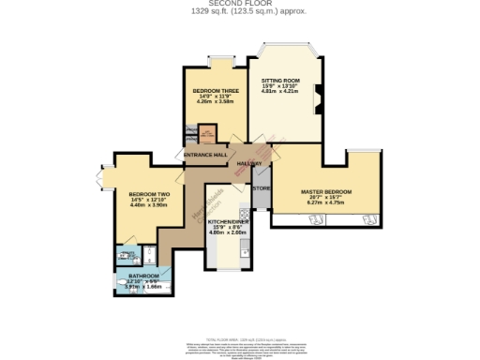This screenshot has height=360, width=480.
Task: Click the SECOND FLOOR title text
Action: click(x=239, y=5)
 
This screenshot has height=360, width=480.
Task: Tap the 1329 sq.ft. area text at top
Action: click(x=239, y=12)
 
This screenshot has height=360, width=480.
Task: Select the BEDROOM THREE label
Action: click(x=216, y=91)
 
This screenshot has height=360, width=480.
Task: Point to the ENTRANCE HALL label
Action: click(x=205, y=155)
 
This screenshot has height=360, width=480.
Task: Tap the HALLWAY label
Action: click(x=248, y=163)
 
